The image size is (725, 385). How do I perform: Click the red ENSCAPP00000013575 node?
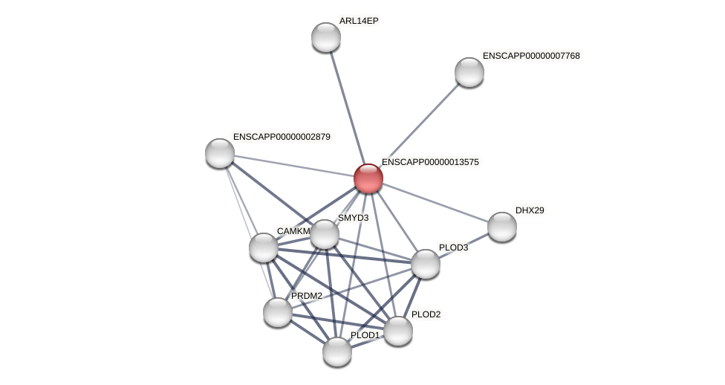point(368,178)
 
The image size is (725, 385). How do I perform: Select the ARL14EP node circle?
point(326,37)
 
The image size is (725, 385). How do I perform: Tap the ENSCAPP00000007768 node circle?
point(469,72)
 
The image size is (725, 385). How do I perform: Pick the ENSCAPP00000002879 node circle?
point(220,153)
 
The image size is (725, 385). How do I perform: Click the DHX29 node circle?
point(502,227)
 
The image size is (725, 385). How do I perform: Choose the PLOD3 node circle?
point(426,264)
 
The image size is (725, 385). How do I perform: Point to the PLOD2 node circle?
point(397,331)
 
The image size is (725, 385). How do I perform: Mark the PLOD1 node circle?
point(337,352)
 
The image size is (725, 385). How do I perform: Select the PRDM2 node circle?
point(278,312)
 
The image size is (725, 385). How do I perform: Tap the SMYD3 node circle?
point(325,234)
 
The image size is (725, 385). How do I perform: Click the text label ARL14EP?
point(359,21)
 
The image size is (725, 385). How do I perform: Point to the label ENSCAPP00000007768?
point(531,56)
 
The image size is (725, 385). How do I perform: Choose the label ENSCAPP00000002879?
point(282,137)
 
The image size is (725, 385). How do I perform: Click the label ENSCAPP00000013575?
point(430,162)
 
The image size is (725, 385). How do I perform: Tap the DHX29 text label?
point(530,210)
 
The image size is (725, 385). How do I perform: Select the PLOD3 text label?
point(453,247)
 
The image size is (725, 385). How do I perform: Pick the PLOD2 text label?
point(426,314)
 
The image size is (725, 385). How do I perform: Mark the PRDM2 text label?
point(307,296)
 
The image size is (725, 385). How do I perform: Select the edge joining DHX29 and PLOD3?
point(464,245)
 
